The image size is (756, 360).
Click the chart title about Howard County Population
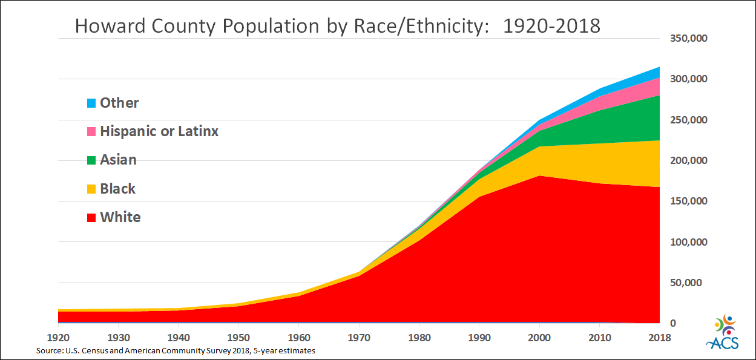(338, 25)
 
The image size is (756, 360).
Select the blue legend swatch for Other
(91, 103)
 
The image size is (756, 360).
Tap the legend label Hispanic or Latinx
(159, 131)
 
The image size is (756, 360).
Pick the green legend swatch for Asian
(91, 160)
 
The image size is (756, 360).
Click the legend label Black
(118, 189)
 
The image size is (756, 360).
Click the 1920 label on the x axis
(59, 338)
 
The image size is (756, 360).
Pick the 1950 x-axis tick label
(239, 338)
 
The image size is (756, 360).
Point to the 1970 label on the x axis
(359, 338)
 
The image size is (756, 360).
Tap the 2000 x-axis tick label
(539, 338)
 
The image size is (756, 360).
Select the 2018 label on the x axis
(659, 338)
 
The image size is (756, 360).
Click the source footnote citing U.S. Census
(176, 350)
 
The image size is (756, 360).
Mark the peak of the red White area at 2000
(539, 176)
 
